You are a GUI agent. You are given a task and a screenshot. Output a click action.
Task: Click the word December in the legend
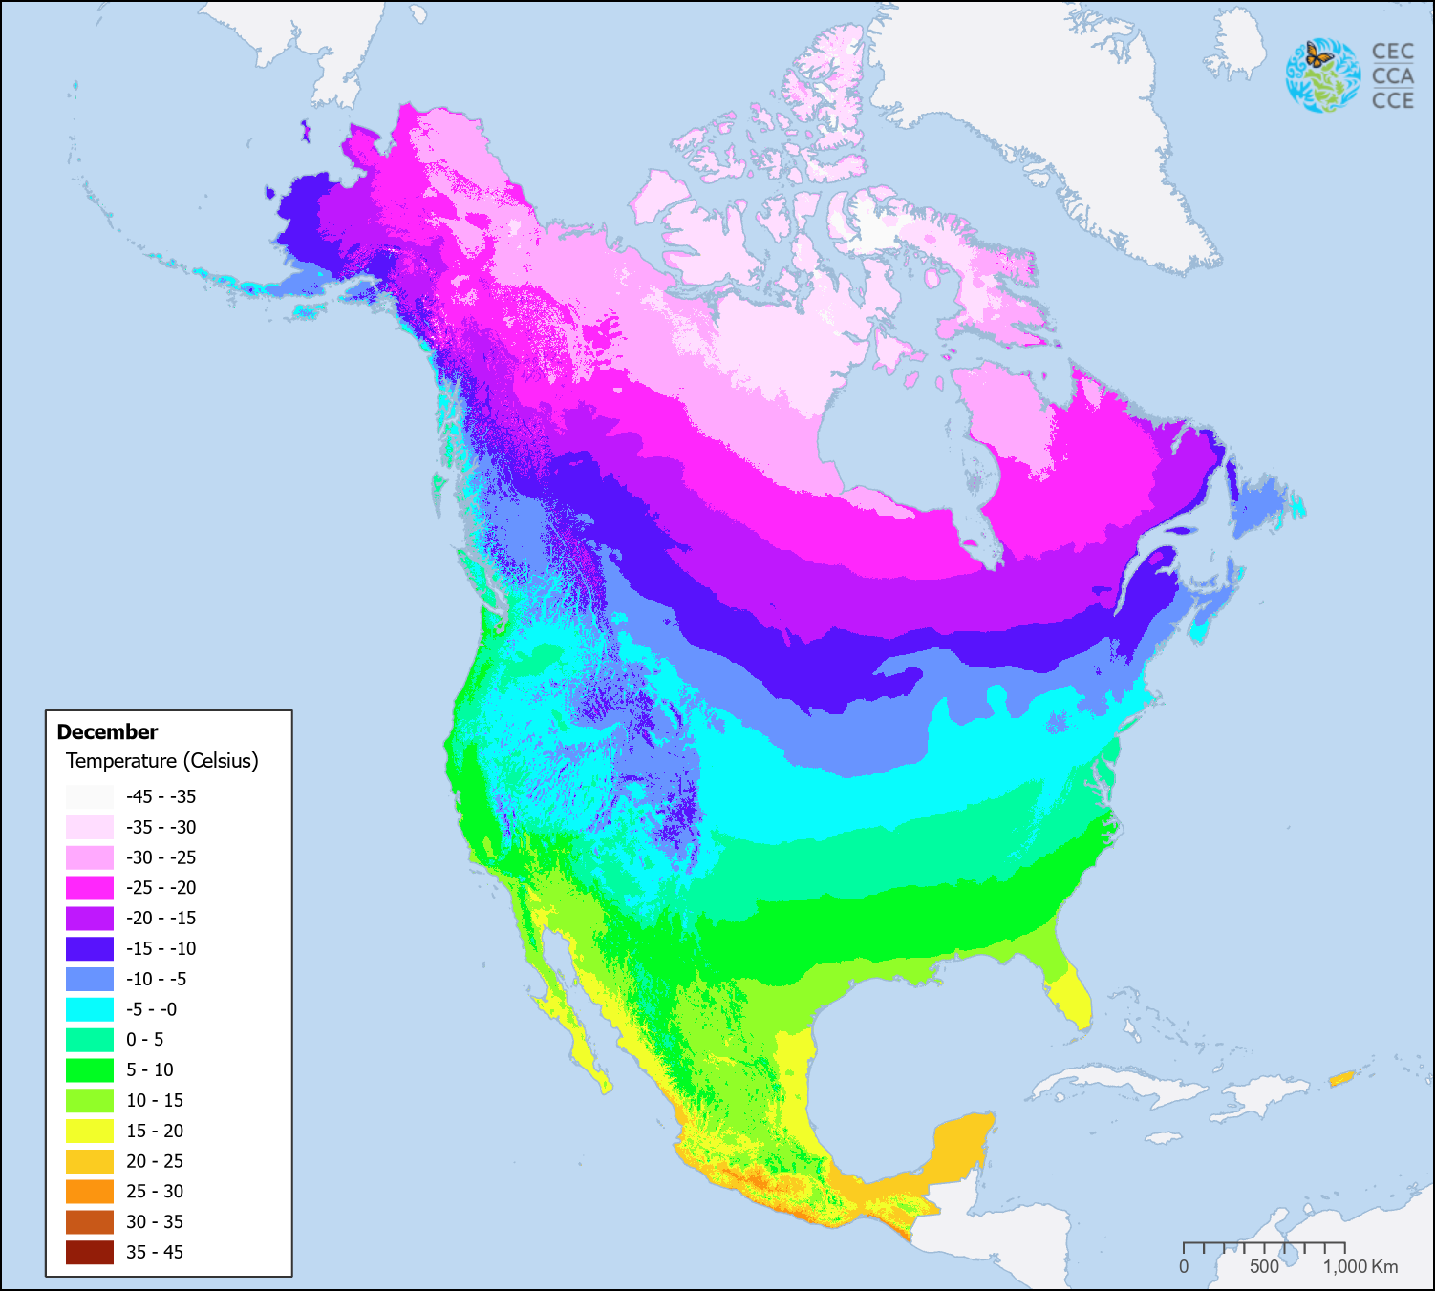point(107,732)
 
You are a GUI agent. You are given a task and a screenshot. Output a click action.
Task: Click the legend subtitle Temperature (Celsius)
point(161,761)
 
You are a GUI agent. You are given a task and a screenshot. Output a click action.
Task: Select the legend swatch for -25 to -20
point(90,888)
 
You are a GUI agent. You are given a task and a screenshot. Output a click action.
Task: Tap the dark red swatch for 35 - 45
point(90,1252)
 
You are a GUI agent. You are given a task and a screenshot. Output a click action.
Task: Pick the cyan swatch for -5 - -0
point(90,1009)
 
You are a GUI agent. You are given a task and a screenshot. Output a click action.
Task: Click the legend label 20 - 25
point(155,1161)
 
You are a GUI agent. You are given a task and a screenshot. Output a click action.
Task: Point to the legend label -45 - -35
point(161,796)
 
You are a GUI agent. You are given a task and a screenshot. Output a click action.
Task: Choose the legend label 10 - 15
point(155,1100)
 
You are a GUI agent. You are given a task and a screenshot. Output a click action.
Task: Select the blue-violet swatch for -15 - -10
point(90,948)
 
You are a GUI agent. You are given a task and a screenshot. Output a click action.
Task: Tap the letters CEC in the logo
point(1392,52)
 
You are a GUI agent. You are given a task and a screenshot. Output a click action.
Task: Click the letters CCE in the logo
point(1392,100)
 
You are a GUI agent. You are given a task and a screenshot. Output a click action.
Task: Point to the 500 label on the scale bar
point(1264,1266)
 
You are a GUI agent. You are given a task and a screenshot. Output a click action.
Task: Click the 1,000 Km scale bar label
point(1360,1266)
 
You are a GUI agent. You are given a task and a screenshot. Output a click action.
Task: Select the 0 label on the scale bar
point(1184,1266)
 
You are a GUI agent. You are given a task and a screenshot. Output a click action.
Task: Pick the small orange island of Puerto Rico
point(1341,1079)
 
